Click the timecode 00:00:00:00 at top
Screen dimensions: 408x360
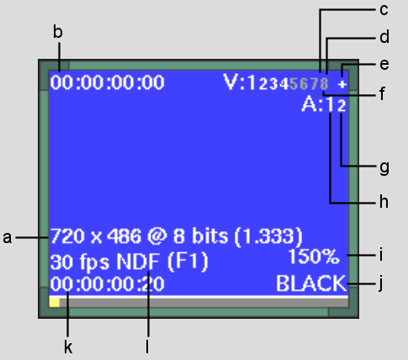108,82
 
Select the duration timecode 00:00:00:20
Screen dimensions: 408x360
108,283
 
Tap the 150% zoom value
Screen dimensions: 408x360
314,257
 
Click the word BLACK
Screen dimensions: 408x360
311,283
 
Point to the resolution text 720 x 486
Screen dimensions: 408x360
96,236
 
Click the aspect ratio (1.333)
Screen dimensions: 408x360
268,237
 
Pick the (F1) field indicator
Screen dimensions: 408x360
188,262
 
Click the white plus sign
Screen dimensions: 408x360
342,84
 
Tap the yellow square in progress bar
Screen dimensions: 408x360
55,303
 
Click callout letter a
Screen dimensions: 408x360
8,238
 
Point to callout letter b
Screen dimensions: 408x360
58,32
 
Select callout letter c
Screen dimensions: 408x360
384,10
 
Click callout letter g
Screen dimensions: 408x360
384,167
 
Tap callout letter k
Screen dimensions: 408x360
68,347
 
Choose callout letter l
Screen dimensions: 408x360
147,347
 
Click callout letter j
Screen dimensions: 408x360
381,284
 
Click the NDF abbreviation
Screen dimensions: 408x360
138,262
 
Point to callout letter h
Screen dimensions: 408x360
384,201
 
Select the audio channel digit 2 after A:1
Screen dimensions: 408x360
342,106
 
